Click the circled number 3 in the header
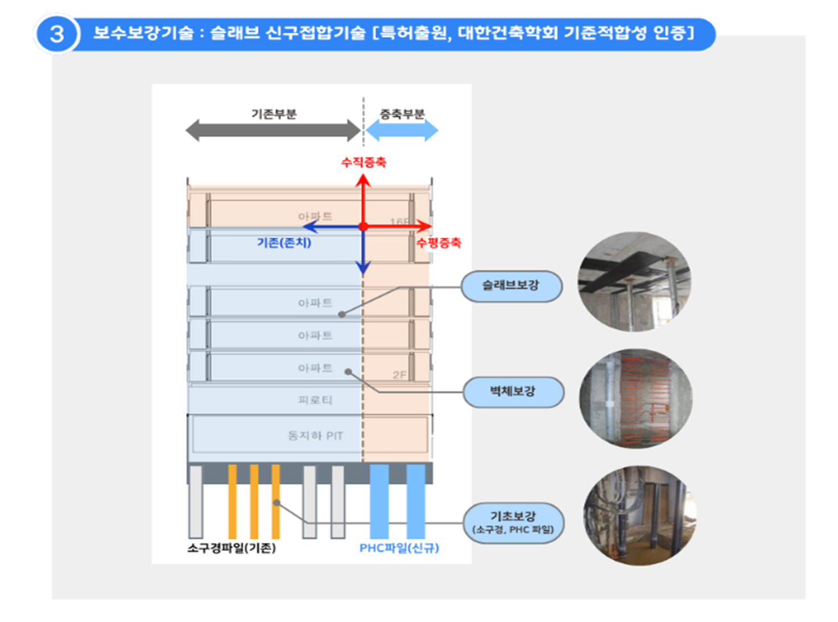click(56, 34)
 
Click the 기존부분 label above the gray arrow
click(274, 114)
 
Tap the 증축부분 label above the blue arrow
click(402, 114)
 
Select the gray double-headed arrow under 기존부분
click(273, 130)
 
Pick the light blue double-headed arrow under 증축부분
click(402, 130)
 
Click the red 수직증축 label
click(364, 162)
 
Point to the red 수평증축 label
click(439, 243)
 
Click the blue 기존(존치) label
click(284, 243)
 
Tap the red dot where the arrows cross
click(364, 227)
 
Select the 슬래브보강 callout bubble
click(511, 286)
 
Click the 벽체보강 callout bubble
click(513, 392)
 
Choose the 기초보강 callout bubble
click(513, 522)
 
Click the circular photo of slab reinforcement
click(634, 282)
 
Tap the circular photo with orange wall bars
click(636, 398)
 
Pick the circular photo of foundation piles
click(639, 516)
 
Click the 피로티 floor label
click(315, 400)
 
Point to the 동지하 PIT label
click(315, 436)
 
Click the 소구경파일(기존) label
click(232, 548)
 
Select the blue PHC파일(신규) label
click(399, 548)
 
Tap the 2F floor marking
click(399, 375)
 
